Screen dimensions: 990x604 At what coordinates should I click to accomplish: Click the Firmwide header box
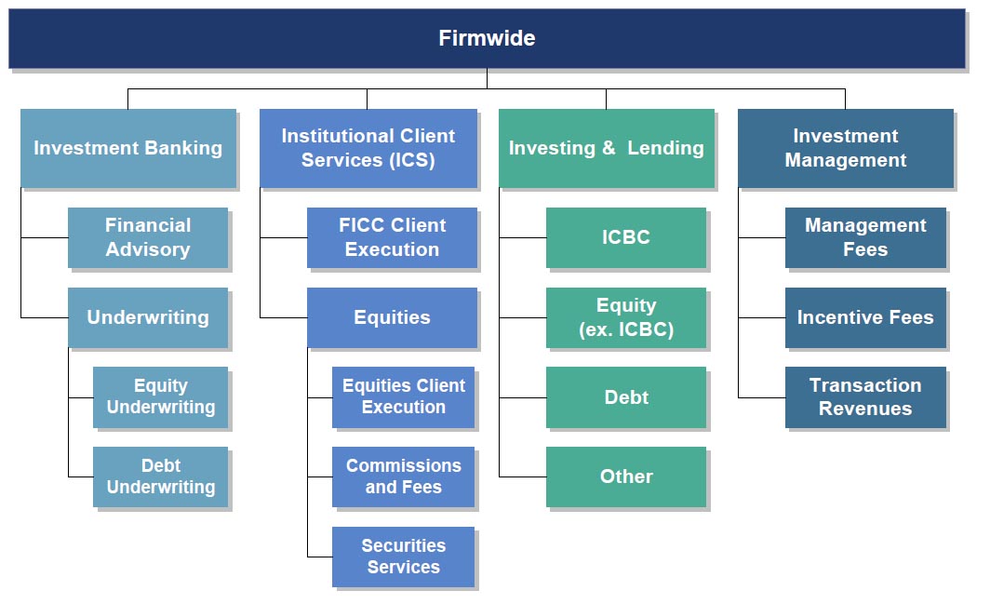click(487, 38)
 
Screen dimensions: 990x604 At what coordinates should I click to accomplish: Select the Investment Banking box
click(128, 148)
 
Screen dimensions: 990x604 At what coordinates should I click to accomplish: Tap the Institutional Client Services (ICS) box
click(368, 148)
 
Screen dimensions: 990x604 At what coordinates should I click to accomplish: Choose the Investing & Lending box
click(606, 148)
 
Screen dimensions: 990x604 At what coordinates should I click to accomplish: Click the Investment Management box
click(846, 148)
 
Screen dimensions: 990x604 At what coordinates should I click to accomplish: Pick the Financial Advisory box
click(148, 237)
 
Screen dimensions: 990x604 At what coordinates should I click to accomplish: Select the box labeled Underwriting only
click(148, 317)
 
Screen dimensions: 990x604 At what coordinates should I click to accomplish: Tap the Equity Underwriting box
click(160, 396)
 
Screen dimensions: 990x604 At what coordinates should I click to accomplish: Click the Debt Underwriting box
click(160, 476)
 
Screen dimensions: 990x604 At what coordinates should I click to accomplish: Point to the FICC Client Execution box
click(392, 237)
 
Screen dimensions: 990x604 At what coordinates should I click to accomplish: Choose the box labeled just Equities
click(392, 317)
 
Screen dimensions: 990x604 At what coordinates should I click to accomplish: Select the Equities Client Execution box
click(404, 396)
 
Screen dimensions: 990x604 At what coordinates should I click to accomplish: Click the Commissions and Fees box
click(404, 476)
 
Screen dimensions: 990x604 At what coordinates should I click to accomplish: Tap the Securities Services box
click(404, 557)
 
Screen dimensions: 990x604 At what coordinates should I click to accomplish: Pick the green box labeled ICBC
click(625, 237)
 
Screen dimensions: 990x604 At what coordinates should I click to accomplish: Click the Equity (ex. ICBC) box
click(625, 317)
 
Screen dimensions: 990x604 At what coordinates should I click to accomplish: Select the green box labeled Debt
click(625, 396)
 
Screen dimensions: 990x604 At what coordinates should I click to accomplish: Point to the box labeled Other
click(625, 476)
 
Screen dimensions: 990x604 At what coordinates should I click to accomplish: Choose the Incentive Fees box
click(865, 317)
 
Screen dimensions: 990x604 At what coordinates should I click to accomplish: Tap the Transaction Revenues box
click(865, 396)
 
